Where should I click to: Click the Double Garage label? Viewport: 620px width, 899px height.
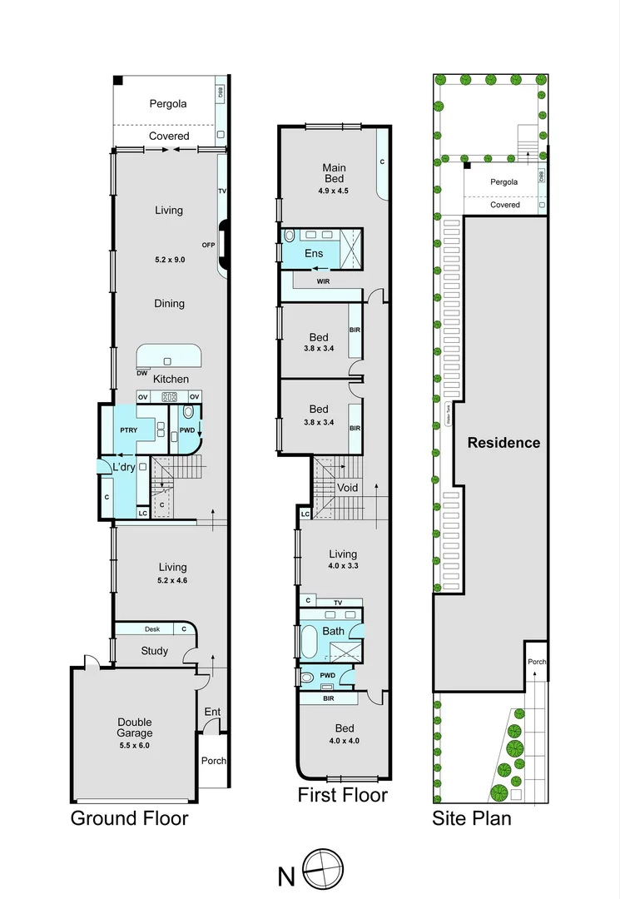pyautogui.click(x=134, y=728)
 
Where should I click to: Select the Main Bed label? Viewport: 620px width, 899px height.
pyautogui.click(x=334, y=173)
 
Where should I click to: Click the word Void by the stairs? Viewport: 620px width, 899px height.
pyautogui.click(x=347, y=488)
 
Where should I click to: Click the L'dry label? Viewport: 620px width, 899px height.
pyautogui.click(x=124, y=468)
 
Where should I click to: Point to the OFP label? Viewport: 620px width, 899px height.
pyautogui.click(x=208, y=245)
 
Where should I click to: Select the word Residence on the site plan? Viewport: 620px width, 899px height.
pyautogui.click(x=503, y=443)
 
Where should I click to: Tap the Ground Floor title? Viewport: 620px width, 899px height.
pyautogui.click(x=129, y=818)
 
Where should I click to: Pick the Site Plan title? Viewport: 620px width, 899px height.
pyautogui.click(x=471, y=818)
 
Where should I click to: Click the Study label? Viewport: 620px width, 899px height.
pyautogui.click(x=154, y=651)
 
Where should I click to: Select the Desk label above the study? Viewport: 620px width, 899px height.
pyautogui.click(x=151, y=629)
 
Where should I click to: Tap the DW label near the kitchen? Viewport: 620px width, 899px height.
pyautogui.click(x=142, y=373)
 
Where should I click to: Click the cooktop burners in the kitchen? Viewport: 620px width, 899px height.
pyautogui.click(x=169, y=397)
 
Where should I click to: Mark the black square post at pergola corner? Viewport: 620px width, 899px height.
pyautogui.click(x=119, y=80)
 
